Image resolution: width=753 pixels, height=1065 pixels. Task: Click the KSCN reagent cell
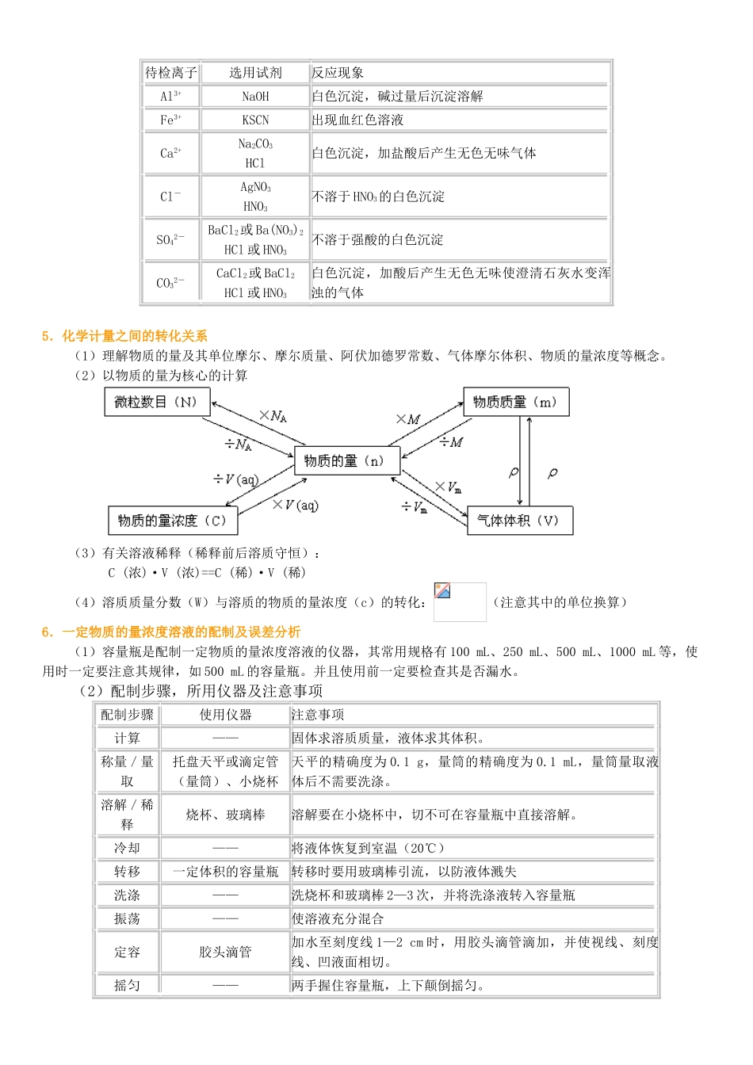pyautogui.click(x=255, y=120)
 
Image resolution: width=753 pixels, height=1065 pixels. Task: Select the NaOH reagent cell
pyautogui.click(x=255, y=97)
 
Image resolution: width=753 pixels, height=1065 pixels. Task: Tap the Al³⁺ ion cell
pyautogui.click(x=170, y=97)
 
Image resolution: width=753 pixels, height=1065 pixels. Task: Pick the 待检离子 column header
pyautogui.click(x=170, y=73)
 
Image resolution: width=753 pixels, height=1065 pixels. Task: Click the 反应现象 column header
pyautogui.click(x=338, y=73)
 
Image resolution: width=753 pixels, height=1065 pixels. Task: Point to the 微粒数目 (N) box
pyautogui.click(x=157, y=402)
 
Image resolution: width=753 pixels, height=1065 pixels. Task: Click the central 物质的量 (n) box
pyautogui.click(x=346, y=460)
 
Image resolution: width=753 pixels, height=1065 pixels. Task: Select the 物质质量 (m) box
pyautogui.click(x=516, y=402)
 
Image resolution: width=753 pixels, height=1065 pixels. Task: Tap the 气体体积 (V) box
pyautogui.click(x=519, y=521)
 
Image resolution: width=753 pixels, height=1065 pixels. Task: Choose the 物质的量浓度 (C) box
pyautogui.click(x=173, y=521)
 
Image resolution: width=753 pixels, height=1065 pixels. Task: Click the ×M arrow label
pyautogui.click(x=409, y=419)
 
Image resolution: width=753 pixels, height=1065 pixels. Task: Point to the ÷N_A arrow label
pyautogui.click(x=238, y=445)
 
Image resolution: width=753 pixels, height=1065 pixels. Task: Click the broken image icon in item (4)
pyautogui.click(x=443, y=591)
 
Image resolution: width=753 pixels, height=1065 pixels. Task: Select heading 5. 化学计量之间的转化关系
pyautogui.click(x=125, y=336)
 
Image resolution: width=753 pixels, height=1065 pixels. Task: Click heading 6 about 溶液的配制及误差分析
pyautogui.click(x=171, y=632)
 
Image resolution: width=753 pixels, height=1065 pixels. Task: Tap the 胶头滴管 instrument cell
pyautogui.click(x=225, y=952)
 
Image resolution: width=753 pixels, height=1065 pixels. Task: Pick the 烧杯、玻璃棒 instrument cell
pyautogui.click(x=225, y=815)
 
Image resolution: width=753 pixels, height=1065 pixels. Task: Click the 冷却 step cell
pyautogui.click(x=127, y=848)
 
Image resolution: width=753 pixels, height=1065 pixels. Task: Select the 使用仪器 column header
pyautogui.click(x=225, y=715)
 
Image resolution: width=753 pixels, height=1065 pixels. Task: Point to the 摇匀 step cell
pyautogui.click(x=127, y=986)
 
